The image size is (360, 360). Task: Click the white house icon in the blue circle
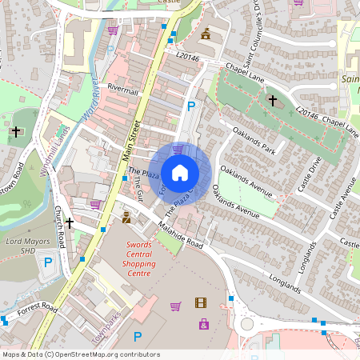pyautogui.click(x=180, y=172)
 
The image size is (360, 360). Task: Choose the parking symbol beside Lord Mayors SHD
pyautogui.click(x=47, y=262)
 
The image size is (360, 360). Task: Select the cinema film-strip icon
pyautogui.click(x=200, y=302)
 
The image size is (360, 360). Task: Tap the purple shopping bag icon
pyautogui.click(x=205, y=324)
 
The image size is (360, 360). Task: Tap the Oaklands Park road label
pyautogui.click(x=254, y=140)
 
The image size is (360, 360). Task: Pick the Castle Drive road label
pyautogui.click(x=307, y=174)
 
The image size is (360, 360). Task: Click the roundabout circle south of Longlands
pyautogui.click(x=246, y=324)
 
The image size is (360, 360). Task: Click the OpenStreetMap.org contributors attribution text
pyautogui.click(x=109, y=354)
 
